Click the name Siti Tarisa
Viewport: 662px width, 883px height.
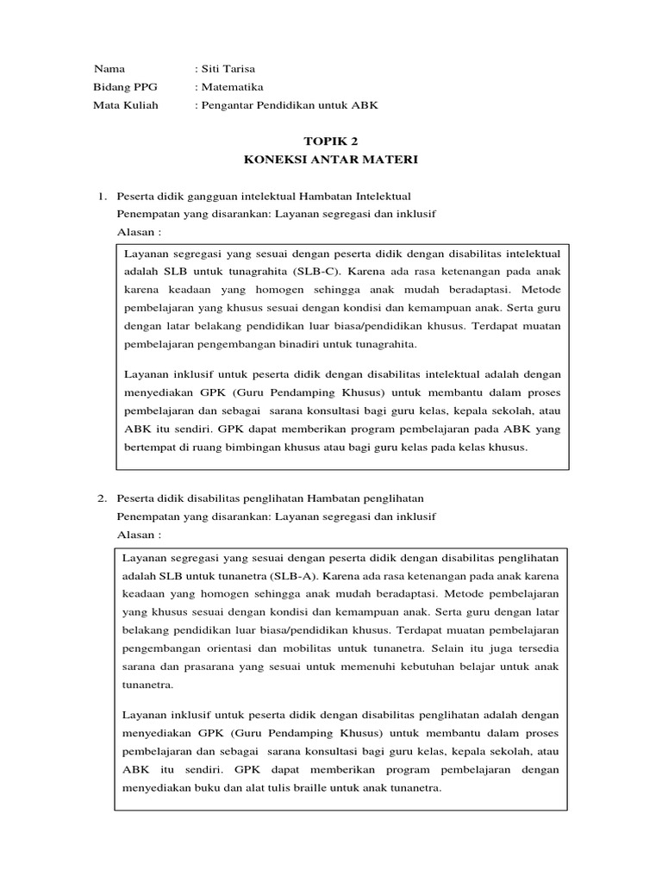228,69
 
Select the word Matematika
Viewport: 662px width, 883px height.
232,87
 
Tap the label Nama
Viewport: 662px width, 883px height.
109,69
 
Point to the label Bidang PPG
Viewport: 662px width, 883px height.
121,87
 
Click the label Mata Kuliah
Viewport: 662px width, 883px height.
125,105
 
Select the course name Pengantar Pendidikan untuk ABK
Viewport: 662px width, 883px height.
290,105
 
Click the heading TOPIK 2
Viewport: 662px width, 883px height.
330,141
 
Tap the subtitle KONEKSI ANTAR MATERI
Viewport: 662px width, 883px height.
330,160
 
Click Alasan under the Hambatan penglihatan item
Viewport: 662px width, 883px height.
138,535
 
